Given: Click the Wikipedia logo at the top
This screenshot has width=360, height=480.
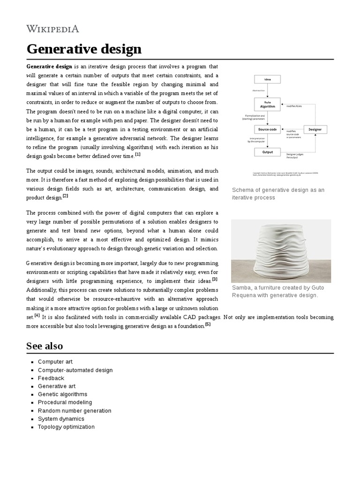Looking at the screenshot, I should pyautogui.click(x=52, y=29).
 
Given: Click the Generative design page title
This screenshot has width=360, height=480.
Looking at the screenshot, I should pyautogui.click(x=84, y=49).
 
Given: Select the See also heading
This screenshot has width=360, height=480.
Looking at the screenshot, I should pyautogui.click(x=45, y=346).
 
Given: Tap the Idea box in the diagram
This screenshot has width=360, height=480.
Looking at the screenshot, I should pyautogui.click(x=267, y=79).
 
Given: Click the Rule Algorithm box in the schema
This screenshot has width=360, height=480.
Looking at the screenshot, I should pyautogui.click(x=267, y=105).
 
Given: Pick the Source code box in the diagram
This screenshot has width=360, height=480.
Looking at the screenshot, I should pyautogui.click(x=267, y=129).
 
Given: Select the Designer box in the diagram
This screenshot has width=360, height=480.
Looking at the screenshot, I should pyautogui.click(x=315, y=129).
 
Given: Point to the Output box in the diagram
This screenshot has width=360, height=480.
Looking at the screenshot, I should pyautogui.click(x=267, y=152).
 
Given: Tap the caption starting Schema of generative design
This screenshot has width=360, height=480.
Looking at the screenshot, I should pyautogui.click(x=278, y=194).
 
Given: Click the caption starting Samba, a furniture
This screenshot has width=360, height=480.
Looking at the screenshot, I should pyautogui.click(x=278, y=291).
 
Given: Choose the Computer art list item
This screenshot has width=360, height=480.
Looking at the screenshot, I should pyautogui.click(x=55, y=362).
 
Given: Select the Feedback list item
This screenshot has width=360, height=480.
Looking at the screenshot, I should pyautogui.click(x=51, y=378).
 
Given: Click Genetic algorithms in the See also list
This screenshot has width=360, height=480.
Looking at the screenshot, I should pyautogui.click(x=62, y=394).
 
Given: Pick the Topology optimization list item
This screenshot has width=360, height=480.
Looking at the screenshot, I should pyautogui.click(x=66, y=427).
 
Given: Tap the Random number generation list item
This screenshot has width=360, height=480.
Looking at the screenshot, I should pyautogui.click(x=75, y=411).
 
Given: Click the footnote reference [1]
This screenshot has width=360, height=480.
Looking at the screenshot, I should pyautogui.click(x=137, y=154).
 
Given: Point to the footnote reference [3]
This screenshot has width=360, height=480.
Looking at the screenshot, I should pyautogui.click(x=215, y=279).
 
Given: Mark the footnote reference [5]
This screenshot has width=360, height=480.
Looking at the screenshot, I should pyautogui.click(x=208, y=324).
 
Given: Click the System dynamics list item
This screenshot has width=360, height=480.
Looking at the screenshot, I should pyautogui.click(x=61, y=419).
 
